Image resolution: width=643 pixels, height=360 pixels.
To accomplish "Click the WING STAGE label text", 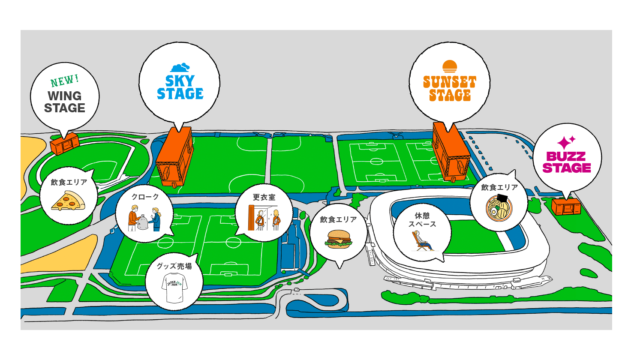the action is (x=65, y=102).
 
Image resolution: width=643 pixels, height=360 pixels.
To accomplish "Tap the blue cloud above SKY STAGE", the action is (x=180, y=68).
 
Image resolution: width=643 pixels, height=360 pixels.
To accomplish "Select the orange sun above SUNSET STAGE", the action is (x=450, y=66).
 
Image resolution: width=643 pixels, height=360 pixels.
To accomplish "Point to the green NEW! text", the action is (x=65, y=81).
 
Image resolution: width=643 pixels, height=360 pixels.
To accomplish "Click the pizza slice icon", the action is (x=68, y=201).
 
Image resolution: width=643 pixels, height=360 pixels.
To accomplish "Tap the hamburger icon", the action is (x=339, y=239).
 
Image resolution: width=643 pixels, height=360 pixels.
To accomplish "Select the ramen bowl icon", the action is (x=499, y=208).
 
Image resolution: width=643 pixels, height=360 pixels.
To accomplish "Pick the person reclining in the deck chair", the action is (x=422, y=241).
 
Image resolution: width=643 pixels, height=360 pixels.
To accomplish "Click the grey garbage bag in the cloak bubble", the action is (x=143, y=223).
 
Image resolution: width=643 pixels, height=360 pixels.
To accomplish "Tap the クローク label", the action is (x=145, y=197).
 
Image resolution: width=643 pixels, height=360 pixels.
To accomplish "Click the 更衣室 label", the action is (x=264, y=197).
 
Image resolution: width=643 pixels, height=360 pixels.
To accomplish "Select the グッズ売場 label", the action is (x=174, y=267).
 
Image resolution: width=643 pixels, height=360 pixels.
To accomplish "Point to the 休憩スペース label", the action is (x=422, y=220).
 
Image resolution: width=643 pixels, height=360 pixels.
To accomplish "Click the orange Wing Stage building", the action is (x=65, y=144).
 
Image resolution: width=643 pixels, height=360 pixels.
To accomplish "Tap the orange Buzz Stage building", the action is (x=566, y=207).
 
